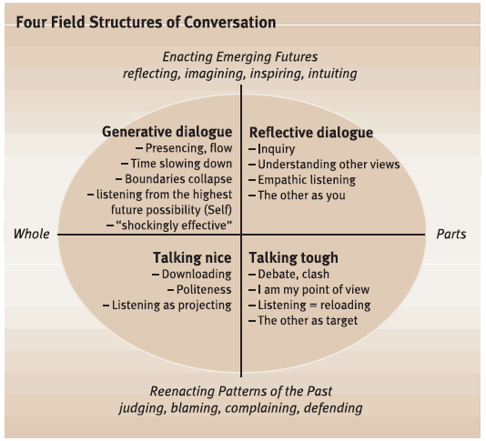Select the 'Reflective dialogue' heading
[310, 133]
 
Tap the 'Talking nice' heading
[192, 257]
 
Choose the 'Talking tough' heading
[293, 257]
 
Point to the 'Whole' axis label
[31, 234]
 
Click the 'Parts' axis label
[451, 234]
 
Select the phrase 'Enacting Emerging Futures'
[241, 56]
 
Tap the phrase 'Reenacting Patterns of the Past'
[241, 391]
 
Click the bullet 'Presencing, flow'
[187, 148]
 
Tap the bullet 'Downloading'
[196, 274]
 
